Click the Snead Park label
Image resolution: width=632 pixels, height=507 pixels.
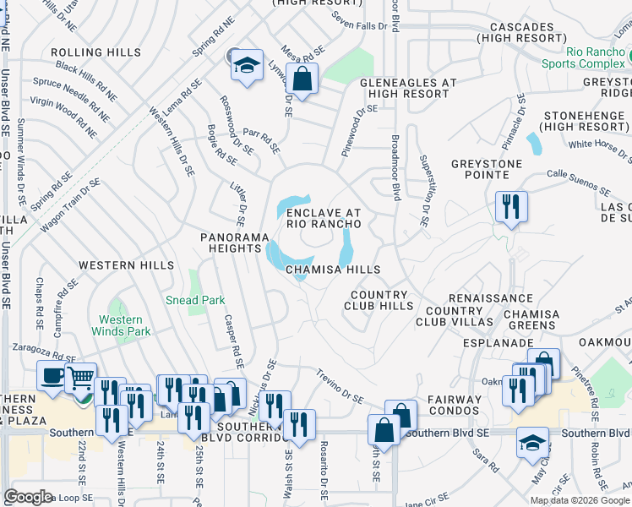click(194, 300)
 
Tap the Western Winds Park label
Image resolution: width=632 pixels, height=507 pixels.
click(121, 325)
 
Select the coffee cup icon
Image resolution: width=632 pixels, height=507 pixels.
click(52, 377)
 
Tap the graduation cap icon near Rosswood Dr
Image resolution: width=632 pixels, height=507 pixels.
click(246, 64)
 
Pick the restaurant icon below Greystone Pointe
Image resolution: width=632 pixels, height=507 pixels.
click(511, 207)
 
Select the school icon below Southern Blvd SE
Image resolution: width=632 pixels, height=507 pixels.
click(532, 444)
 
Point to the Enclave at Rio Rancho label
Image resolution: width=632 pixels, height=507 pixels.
click(324, 218)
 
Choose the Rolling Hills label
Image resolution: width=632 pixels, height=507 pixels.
click(95, 52)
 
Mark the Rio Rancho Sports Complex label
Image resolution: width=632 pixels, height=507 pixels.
click(598, 57)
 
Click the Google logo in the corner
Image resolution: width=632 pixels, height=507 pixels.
click(29, 497)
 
